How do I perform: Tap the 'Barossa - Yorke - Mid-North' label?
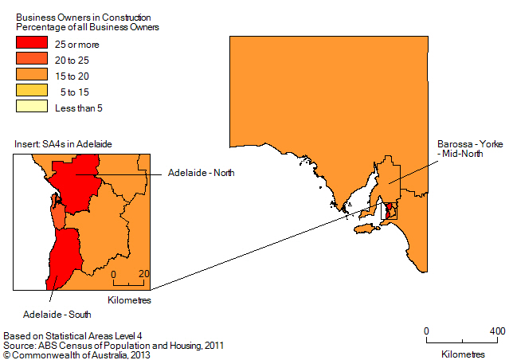tap(471, 150)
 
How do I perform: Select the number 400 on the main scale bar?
tap(497, 331)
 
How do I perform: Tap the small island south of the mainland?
tap(362, 229)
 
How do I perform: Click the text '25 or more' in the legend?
tap(77, 44)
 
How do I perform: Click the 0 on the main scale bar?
tap(426, 331)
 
